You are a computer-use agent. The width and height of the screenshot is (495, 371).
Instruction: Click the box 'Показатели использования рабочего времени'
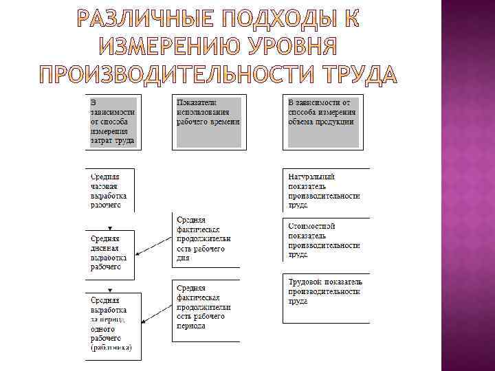[x=208, y=122]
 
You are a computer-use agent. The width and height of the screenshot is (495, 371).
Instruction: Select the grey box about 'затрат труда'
[x=113, y=122]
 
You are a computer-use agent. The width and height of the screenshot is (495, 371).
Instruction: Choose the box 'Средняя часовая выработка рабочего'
[x=110, y=190]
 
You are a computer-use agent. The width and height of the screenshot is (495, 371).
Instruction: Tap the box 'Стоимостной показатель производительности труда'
[x=325, y=240]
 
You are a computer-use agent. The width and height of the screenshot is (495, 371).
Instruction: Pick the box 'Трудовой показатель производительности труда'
[x=325, y=291]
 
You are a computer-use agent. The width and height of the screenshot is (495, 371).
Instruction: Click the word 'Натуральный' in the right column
[x=311, y=177]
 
